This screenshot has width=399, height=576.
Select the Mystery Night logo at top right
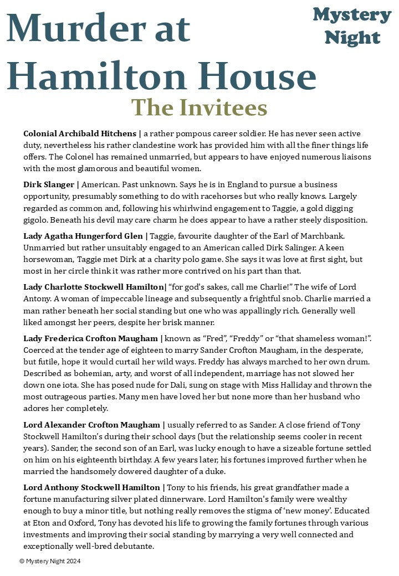click(x=352, y=26)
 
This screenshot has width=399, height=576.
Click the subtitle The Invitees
click(x=199, y=107)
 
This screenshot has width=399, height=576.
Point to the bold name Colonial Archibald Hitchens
click(x=79, y=133)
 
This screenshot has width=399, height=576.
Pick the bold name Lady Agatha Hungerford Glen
click(x=83, y=236)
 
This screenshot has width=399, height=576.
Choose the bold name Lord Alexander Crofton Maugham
click(x=91, y=425)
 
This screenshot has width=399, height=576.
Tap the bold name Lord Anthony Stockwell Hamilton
click(x=91, y=487)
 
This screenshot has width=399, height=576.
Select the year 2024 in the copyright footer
click(x=73, y=561)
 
